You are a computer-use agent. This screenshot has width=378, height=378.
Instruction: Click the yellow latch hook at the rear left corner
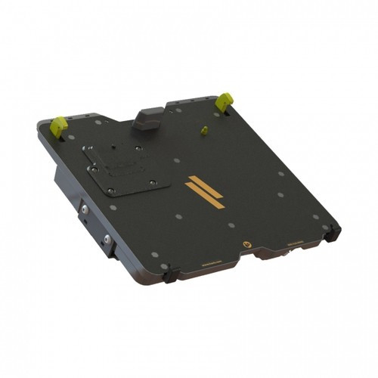[58, 125]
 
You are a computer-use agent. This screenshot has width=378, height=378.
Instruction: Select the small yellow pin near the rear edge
[203, 130]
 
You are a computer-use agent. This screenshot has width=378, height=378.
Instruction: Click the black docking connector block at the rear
[147, 120]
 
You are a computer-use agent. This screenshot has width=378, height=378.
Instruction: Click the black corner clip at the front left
[169, 274]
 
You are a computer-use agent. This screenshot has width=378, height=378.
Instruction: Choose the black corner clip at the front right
[330, 233]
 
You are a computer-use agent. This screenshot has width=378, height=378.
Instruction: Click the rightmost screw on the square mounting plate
[153, 181]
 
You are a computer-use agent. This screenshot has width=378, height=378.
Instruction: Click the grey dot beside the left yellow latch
[70, 137]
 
